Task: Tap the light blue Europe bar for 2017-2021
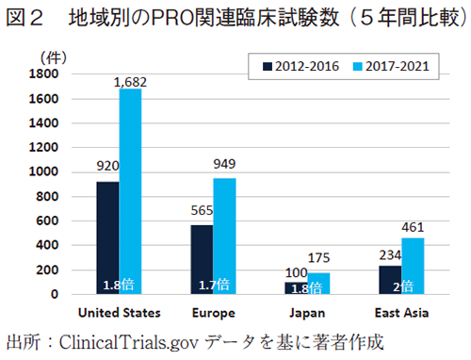tap(223, 236)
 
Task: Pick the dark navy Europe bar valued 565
tap(201, 259)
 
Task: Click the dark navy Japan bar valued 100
tap(295, 287)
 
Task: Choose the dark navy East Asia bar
tap(389, 280)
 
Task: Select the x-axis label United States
tap(119, 312)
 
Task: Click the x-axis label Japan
tap(306, 312)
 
